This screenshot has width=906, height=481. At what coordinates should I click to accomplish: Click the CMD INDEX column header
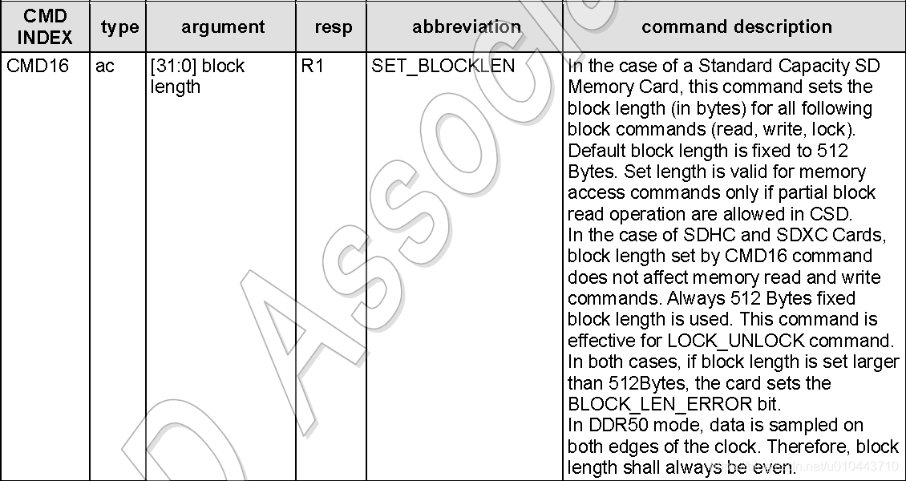click(x=45, y=27)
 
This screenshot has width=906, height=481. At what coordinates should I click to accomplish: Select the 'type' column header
click(x=119, y=27)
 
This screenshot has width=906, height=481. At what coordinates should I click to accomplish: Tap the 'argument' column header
click(x=223, y=27)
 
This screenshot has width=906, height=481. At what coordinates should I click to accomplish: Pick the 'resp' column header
click(x=333, y=27)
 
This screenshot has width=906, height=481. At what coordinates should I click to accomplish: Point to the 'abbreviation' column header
click(x=466, y=27)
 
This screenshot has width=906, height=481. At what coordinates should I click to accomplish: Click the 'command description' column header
click(x=736, y=27)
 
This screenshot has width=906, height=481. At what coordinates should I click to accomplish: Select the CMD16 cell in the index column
click(x=38, y=66)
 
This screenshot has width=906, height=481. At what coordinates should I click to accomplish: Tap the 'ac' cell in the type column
click(x=105, y=66)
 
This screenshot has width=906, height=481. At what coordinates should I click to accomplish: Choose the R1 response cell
click(x=313, y=66)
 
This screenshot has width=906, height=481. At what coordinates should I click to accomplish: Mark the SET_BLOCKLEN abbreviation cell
click(x=443, y=66)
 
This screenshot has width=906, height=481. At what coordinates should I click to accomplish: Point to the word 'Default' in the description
click(x=597, y=151)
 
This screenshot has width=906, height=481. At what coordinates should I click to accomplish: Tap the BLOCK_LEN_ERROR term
click(x=660, y=404)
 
